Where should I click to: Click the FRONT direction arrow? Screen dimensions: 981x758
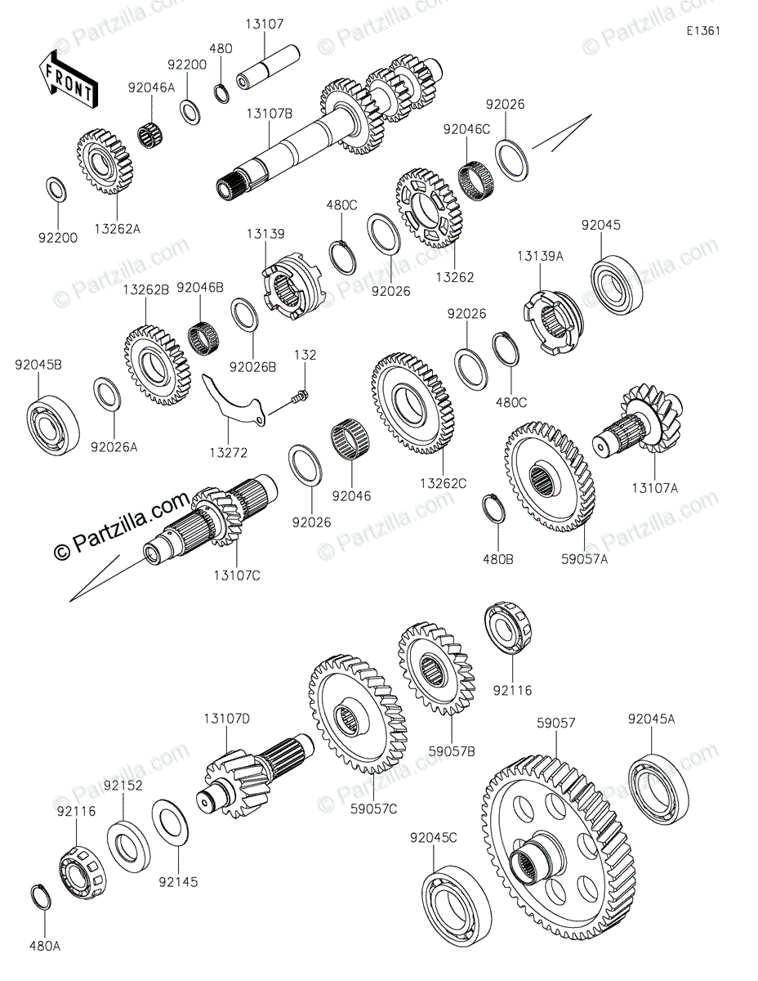tap(69, 78)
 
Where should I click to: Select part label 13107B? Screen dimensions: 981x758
tap(269, 114)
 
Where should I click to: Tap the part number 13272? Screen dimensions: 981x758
tap(228, 452)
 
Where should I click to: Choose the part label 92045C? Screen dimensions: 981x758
tap(434, 837)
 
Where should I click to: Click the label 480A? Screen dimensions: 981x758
tap(47, 946)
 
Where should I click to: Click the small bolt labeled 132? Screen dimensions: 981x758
tap(297, 398)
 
